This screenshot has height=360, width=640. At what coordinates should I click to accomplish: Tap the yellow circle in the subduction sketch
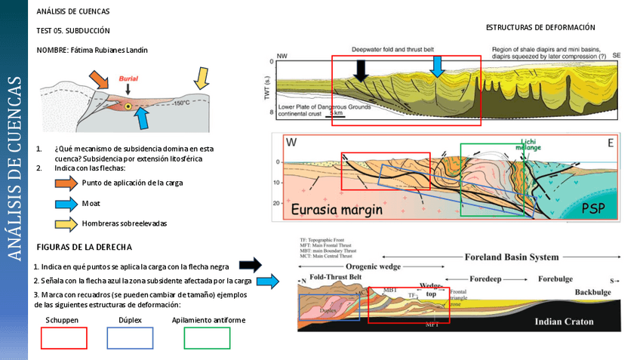[128, 107]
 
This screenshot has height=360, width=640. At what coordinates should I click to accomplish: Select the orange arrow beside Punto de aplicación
[66, 183]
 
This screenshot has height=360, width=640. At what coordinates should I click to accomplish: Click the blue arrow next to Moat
[66, 204]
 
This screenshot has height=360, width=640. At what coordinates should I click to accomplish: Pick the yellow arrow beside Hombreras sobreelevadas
[66, 223]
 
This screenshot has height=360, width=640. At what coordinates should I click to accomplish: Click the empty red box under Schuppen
[63, 338]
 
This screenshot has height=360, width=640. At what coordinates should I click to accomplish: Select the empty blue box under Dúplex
[130, 338]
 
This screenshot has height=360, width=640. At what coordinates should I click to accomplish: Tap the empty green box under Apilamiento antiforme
[207, 338]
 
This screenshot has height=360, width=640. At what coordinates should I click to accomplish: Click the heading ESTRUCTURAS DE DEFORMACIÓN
[540, 27]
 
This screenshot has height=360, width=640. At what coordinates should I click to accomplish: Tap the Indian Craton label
[565, 322]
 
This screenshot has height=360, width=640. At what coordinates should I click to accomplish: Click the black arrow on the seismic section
[362, 69]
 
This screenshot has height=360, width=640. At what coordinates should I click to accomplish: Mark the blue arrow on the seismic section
[437, 68]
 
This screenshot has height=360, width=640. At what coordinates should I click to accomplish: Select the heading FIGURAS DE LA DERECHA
[85, 247]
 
